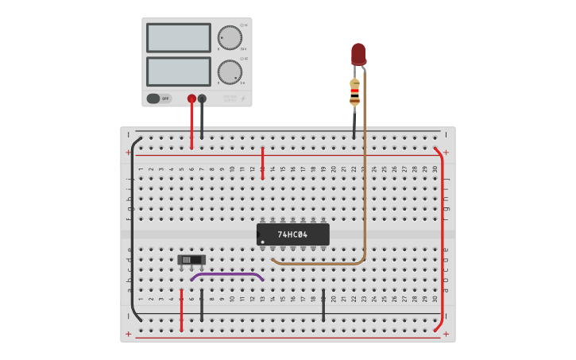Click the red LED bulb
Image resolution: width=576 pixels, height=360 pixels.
point(358,53)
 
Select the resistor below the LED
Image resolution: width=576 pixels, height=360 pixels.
point(354,92)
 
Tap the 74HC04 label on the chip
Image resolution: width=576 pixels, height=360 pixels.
point(292,234)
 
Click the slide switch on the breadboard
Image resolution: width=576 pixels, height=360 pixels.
point(191,260)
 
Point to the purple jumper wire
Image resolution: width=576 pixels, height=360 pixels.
point(227,274)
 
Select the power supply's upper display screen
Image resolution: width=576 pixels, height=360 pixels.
point(179,37)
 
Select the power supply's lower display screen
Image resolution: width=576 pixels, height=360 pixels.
point(179,72)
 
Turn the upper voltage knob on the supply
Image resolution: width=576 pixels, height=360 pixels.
point(230,37)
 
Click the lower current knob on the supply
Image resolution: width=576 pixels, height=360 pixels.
point(230,72)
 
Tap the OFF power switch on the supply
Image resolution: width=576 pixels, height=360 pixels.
point(158,99)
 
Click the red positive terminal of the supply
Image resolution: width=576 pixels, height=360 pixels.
point(191,99)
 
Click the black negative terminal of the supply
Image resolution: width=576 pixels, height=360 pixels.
point(202,99)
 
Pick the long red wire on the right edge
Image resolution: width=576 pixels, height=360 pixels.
point(442,238)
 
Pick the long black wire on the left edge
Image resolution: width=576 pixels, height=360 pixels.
point(132,230)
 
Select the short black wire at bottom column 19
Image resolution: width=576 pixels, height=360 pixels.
point(323,306)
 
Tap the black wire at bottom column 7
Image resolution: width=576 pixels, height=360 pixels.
point(202,306)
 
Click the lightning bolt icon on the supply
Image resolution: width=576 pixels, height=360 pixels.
point(242,99)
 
